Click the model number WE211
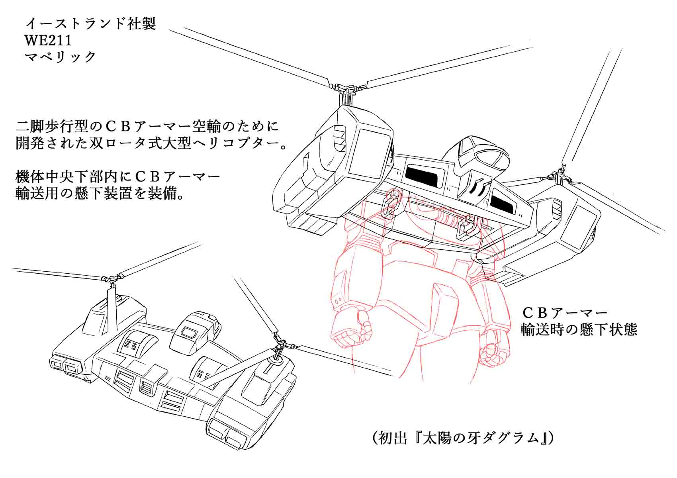(x=48, y=40)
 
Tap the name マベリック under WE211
(x=61, y=57)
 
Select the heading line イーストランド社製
(x=90, y=24)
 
